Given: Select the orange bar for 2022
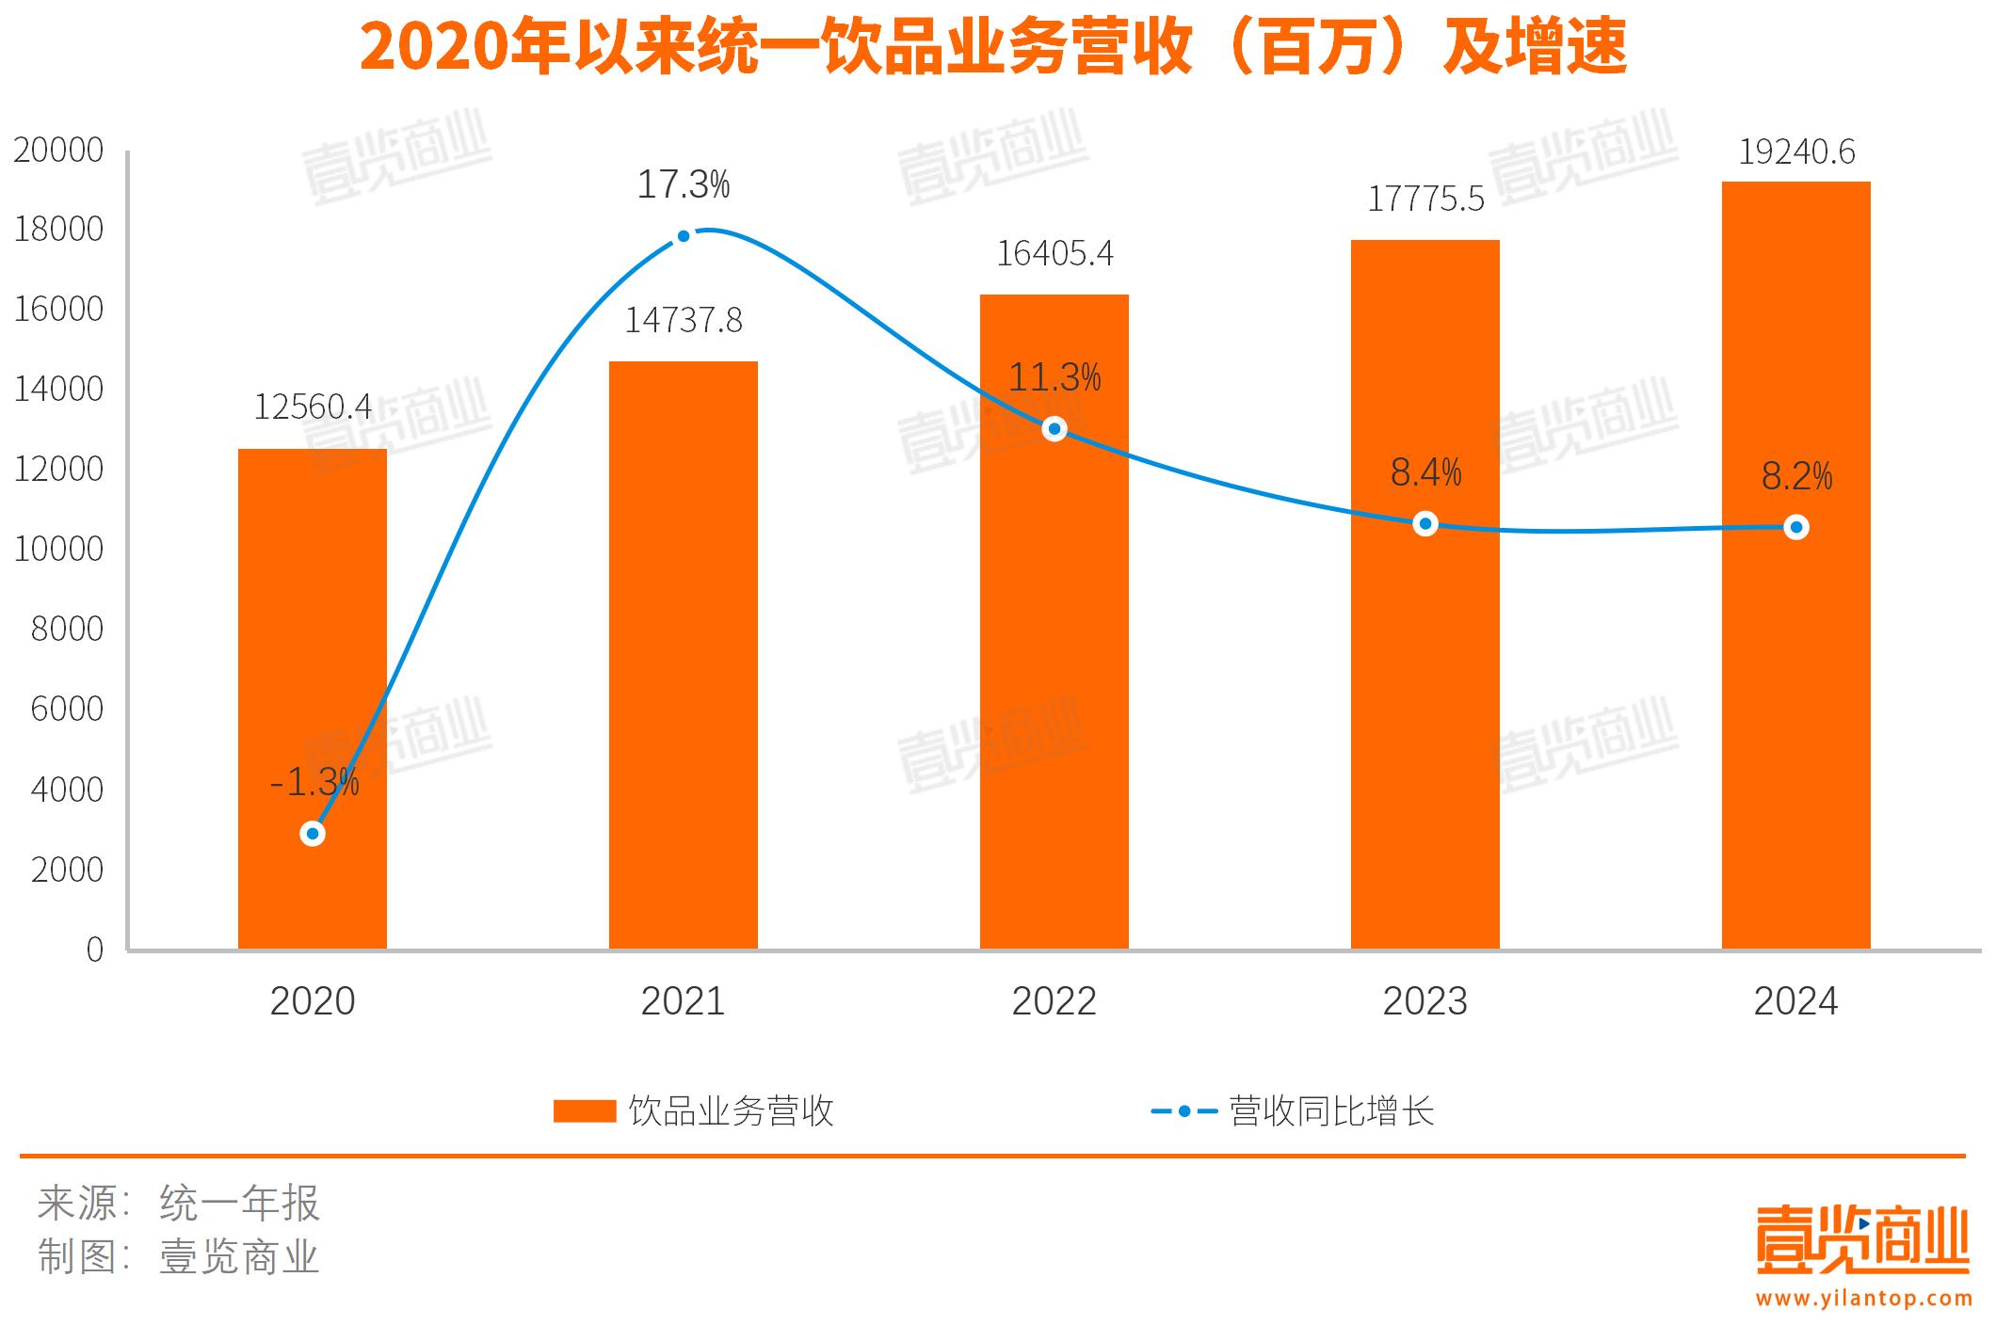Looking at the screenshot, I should click(x=1054, y=659).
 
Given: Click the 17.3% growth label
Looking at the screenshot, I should click(x=684, y=184).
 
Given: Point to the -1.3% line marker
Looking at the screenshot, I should click(x=313, y=834).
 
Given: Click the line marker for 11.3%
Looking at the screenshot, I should click(x=1054, y=429).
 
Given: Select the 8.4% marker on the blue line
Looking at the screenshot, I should click(x=1425, y=524).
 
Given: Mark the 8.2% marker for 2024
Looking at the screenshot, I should click(x=1796, y=528).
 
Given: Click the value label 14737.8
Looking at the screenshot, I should click(x=684, y=321).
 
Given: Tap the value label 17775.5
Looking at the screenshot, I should click(x=1425, y=200).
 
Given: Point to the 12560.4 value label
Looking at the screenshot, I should click(x=313, y=407).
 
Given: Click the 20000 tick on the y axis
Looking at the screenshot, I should click(x=58, y=151).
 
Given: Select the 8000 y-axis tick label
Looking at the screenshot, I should click(x=67, y=630).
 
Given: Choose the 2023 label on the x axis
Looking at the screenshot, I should click(x=1425, y=1001).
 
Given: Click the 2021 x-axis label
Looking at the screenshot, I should click(x=683, y=1001).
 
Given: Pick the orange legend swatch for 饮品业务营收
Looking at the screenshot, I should click(x=584, y=1111).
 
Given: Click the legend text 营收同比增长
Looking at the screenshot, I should click(x=1331, y=1111).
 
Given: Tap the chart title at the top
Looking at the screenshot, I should click(x=993, y=47).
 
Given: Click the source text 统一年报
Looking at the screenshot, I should click(x=240, y=1204).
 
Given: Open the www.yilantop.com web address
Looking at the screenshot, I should click(x=1863, y=1299).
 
